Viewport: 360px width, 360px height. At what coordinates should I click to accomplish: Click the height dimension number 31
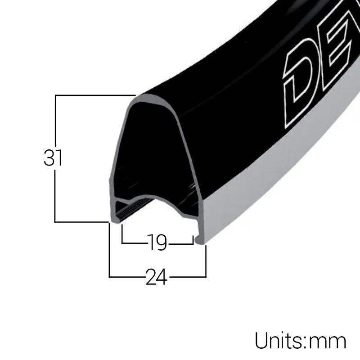point(53,158)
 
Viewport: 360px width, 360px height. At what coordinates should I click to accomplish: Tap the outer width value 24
point(156,277)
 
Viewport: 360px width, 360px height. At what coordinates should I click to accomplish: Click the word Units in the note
point(279,341)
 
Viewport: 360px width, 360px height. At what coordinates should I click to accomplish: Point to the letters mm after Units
point(328,342)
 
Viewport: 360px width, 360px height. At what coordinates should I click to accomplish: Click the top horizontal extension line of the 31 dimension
point(94,95)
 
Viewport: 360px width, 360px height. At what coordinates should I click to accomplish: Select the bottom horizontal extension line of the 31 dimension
point(81,222)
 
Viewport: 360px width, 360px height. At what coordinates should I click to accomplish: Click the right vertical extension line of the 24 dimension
point(206,261)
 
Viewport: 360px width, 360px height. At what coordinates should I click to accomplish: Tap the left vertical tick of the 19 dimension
point(122,234)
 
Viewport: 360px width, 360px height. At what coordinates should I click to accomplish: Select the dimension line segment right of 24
point(187,276)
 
